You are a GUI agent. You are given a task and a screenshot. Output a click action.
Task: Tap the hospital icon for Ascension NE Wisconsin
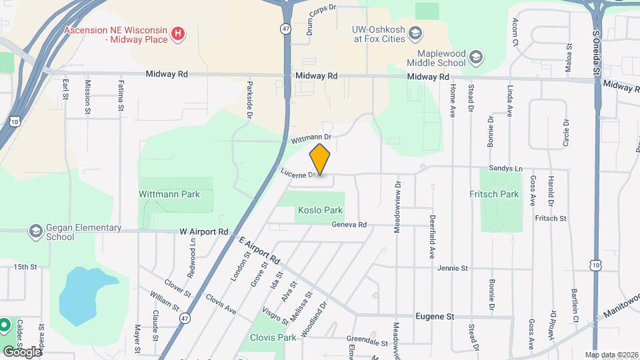pyautogui.click(x=178, y=33)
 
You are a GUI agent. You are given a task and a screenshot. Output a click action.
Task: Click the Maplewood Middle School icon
pyautogui.click(x=475, y=57)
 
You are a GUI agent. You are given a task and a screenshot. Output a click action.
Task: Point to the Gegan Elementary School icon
pyautogui.click(x=35, y=232)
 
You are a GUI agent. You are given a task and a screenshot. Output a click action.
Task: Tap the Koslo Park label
pyautogui.click(x=319, y=210)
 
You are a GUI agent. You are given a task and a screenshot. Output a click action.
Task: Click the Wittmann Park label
pyautogui.click(x=169, y=195)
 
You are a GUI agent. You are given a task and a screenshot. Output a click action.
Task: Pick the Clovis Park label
pyautogui.click(x=273, y=337)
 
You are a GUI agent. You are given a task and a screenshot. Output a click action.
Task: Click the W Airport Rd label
pyautogui.click(x=204, y=232)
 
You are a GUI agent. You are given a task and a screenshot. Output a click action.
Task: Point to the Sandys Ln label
pyautogui.click(x=505, y=169)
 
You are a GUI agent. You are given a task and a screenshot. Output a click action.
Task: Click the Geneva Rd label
pyautogui.click(x=349, y=225)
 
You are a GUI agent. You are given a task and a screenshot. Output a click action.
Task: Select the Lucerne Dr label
pyautogui.click(x=297, y=173)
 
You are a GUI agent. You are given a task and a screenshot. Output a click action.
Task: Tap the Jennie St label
pyautogui.click(x=453, y=268)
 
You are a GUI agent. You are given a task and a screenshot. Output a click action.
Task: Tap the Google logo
pyautogui.click(x=23, y=351)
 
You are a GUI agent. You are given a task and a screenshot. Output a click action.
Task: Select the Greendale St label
pyautogui.click(x=368, y=343)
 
